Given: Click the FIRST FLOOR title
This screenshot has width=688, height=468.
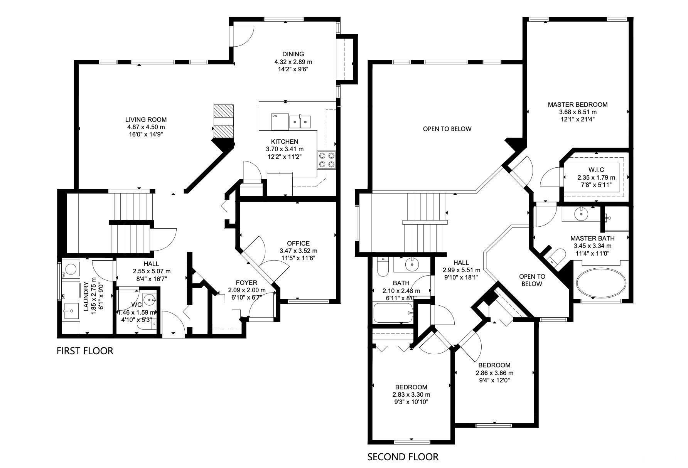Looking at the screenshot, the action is [x=85, y=351].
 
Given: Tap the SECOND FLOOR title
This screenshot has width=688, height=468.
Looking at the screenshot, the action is [x=403, y=457].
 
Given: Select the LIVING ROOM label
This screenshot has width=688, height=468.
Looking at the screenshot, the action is [x=146, y=120].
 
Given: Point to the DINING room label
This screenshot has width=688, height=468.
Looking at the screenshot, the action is [x=293, y=54].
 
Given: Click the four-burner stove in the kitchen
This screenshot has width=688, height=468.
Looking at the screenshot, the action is [x=327, y=160].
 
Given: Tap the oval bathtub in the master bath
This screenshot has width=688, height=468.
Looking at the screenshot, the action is [x=601, y=283].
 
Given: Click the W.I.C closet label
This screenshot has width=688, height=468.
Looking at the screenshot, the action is [x=596, y=170].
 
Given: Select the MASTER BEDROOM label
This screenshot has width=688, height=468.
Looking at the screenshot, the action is [x=578, y=104].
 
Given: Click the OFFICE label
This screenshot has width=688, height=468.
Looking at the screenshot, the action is [x=298, y=243].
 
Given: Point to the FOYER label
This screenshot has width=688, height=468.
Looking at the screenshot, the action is [x=246, y=283].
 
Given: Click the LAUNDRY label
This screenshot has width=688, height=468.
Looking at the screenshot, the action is [x=86, y=296].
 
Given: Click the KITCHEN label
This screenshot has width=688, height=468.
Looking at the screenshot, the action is [x=285, y=141].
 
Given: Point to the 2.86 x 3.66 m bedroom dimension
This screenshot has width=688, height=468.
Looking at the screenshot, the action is [x=494, y=373].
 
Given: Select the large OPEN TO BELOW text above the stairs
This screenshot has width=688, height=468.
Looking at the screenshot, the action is [x=447, y=129].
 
